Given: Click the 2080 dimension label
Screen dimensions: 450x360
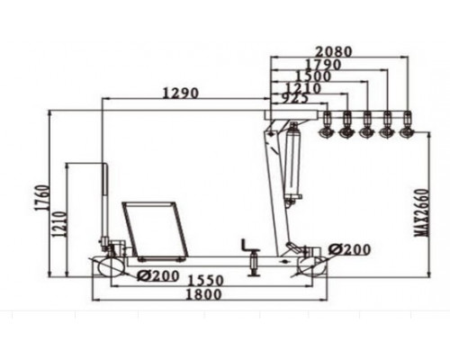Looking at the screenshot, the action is point(334,51).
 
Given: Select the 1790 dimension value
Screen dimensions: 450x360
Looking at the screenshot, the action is point(323,65).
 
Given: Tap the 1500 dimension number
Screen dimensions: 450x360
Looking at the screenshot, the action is point(313,76).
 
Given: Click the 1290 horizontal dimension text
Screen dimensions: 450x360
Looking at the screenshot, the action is point(181,93).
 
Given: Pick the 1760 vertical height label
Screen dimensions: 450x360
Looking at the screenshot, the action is point(41,198).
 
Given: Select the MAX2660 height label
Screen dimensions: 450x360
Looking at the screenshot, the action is point(422,212).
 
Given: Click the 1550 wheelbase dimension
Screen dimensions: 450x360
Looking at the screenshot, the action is point(205,281).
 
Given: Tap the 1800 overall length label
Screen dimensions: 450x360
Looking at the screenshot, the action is point(204,294).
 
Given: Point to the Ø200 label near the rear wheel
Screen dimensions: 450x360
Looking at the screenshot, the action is point(350,249).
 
